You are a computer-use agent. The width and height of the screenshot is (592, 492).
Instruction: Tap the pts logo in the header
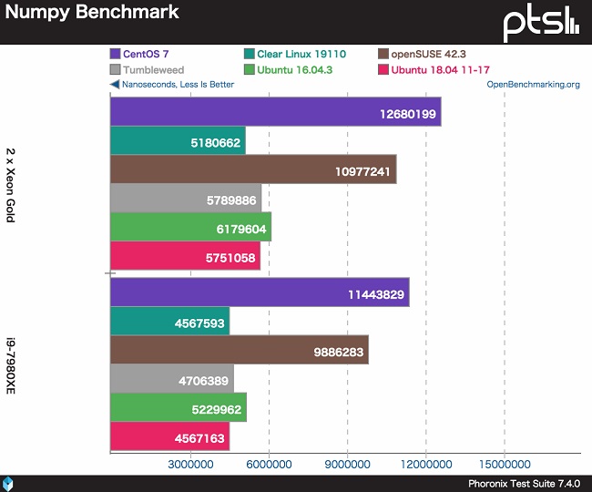click(541, 22)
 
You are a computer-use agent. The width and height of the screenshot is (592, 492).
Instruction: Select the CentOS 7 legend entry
click(145, 54)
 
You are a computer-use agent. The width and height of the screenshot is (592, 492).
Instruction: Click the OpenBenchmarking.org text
click(533, 85)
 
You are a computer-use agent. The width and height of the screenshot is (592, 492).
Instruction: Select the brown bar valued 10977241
click(252, 169)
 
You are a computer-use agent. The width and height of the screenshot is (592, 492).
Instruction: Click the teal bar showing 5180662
click(178, 141)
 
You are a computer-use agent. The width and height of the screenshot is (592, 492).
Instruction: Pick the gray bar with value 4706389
click(171, 378)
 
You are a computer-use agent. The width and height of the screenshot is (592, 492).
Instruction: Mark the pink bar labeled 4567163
click(169, 436)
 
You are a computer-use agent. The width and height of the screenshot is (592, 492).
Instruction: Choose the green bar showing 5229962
click(178, 407)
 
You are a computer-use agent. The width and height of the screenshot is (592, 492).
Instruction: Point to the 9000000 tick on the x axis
click(347, 463)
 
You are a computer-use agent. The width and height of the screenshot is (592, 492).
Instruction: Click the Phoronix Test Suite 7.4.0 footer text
click(523, 484)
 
